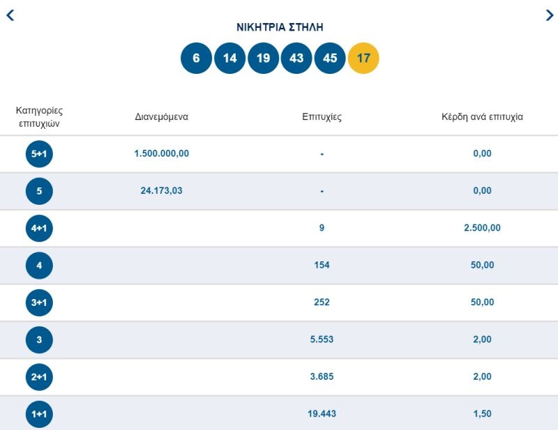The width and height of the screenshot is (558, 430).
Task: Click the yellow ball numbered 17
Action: coord(363,59)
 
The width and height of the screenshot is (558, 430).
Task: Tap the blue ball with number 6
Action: coord(196,59)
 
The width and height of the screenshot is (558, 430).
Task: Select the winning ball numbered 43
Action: coord(296,59)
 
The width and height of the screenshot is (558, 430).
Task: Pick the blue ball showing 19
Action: coord(263,59)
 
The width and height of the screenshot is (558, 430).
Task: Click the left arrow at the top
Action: coord(10,15)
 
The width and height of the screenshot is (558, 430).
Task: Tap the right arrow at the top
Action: coord(549,15)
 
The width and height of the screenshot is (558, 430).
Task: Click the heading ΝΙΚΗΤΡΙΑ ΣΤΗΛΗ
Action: coord(280,27)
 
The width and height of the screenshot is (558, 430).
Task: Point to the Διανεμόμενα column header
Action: coord(161,116)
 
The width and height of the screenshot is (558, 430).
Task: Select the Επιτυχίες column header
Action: coord(322,116)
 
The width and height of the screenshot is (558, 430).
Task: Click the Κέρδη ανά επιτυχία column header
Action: coord(482,116)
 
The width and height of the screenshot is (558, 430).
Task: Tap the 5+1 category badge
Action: coord(39,154)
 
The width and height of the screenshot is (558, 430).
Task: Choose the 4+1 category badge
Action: coord(39,228)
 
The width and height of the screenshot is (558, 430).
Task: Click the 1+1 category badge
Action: coord(39,414)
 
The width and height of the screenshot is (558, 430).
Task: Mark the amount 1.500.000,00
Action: coord(161,153)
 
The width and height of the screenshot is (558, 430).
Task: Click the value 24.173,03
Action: coord(161,190)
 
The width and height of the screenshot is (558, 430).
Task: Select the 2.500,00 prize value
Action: coord(482,228)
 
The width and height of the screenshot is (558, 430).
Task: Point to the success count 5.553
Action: coord(322,339)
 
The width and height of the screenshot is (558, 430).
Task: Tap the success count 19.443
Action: coord(322,414)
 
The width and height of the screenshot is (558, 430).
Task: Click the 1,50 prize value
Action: coord(482,414)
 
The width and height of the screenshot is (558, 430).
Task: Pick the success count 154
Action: coord(322,265)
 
